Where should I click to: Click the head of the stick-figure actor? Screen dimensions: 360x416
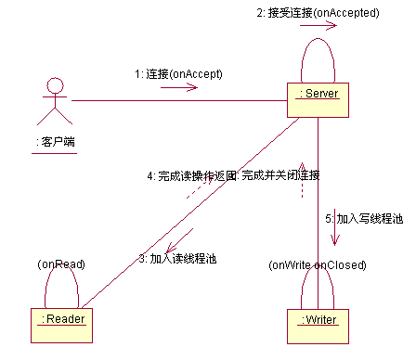pyautogui.click(x=56, y=86)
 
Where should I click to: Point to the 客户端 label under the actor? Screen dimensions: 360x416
pyautogui.click(x=55, y=142)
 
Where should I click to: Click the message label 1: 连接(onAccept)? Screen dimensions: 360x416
pyautogui.click(x=178, y=73)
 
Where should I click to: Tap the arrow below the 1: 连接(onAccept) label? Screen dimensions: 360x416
pyautogui.click(x=178, y=88)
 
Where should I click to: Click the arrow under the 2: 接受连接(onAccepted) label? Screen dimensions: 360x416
pyautogui.click(x=318, y=27)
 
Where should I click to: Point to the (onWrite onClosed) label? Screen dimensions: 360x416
pyautogui.click(x=318, y=264)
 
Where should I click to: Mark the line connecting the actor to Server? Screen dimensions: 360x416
pyautogui.click(x=176, y=100)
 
